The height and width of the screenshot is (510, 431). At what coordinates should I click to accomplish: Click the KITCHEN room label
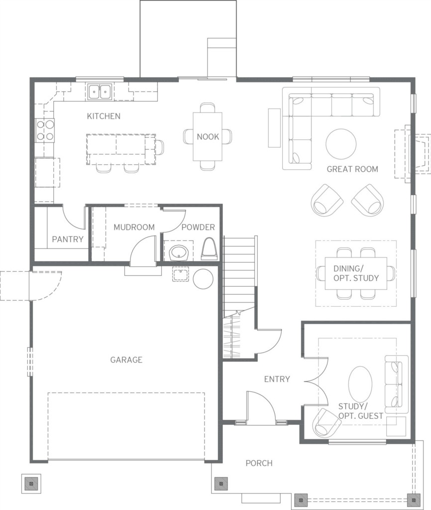(x=104, y=116)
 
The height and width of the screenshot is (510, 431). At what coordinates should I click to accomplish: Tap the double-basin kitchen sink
(x=100, y=92)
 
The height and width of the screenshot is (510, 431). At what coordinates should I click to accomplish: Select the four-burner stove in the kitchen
(x=45, y=130)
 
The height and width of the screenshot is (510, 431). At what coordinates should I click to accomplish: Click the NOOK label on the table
(x=208, y=136)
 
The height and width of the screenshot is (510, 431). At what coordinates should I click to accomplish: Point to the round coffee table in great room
(x=341, y=144)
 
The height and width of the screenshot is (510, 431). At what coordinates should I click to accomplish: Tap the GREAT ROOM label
(x=352, y=169)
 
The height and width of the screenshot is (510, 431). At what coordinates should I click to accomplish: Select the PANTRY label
(x=68, y=240)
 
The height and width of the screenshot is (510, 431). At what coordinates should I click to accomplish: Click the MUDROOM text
(x=134, y=227)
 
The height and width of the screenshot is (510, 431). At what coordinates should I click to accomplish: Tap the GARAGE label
(x=126, y=360)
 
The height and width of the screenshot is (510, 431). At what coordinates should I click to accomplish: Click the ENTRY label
(x=277, y=379)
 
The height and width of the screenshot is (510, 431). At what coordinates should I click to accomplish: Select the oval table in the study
(x=360, y=384)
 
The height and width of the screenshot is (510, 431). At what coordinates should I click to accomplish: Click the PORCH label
(x=259, y=463)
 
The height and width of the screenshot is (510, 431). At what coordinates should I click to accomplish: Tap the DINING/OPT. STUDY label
(x=356, y=273)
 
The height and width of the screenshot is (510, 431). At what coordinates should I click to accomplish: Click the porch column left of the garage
(x=31, y=483)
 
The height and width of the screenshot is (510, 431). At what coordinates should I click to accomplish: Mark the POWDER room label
(x=198, y=227)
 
